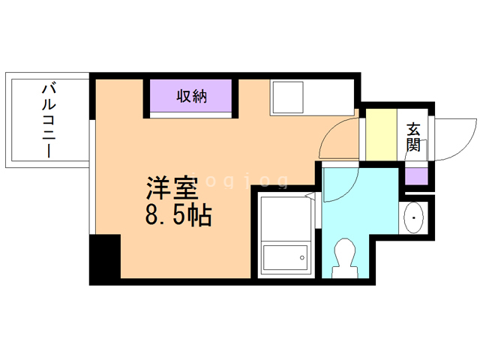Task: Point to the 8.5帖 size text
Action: click(x=178, y=216)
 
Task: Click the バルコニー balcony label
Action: click(x=49, y=121)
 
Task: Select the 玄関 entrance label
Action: click(x=413, y=136)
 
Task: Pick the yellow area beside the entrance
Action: click(x=380, y=134)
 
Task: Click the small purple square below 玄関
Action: click(x=415, y=176)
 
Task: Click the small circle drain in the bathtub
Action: click(x=301, y=259)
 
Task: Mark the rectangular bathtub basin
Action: click(x=285, y=259)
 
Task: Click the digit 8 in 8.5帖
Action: click(x=151, y=217)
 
